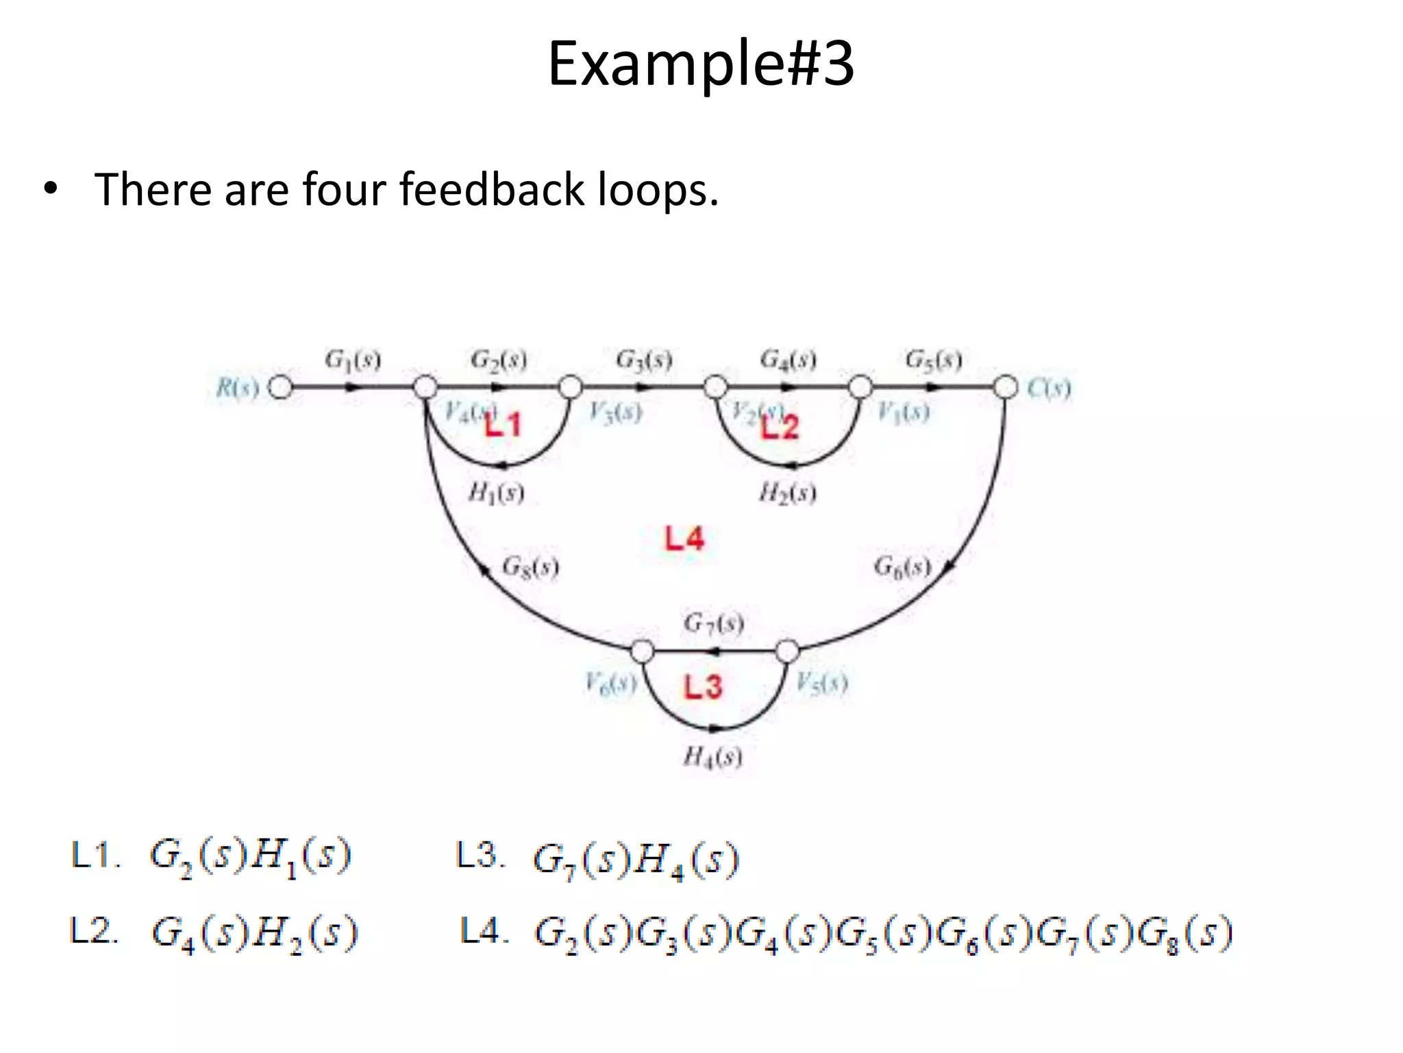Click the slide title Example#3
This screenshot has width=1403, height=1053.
tap(701, 64)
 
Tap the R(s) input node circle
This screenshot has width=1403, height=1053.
tap(280, 387)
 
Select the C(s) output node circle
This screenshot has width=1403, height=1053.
tap(1006, 387)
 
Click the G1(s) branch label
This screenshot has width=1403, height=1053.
tap(353, 360)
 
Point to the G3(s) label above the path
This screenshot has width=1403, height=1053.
tap(644, 360)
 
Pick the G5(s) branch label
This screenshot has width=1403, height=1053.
tap(934, 360)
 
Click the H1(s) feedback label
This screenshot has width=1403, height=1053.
tap(497, 493)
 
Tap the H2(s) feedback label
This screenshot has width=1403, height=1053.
tap(788, 493)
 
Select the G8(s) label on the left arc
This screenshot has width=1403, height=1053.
tap(531, 567)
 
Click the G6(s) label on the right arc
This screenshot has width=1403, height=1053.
tap(902, 567)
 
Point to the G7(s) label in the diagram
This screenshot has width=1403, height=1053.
tap(714, 623)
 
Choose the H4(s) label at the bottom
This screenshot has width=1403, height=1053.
tap(713, 757)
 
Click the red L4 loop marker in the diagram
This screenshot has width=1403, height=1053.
tap(684, 539)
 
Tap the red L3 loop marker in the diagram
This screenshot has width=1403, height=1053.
tap(703, 686)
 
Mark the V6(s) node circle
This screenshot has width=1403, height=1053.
tap(642, 651)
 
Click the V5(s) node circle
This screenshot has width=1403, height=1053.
tap(787, 651)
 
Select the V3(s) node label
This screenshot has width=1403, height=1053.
tap(616, 412)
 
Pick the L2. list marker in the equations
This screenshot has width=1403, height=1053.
tap(95, 932)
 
